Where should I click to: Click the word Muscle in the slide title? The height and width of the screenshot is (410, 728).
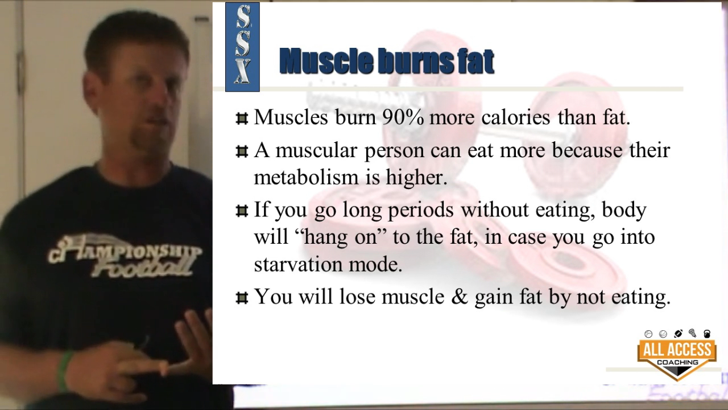coord(326,60)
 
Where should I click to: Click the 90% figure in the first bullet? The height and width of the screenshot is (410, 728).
coord(403,117)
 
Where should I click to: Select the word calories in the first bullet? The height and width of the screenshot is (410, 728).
coord(515,117)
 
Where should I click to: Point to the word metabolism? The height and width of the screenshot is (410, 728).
coord(306,177)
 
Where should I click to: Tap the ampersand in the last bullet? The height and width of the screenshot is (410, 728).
coord(459,297)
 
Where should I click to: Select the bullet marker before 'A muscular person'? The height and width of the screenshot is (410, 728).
coord(242,151)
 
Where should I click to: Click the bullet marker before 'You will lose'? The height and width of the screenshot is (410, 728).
coord(242,297)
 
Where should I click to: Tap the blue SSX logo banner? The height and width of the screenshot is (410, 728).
coord(242,47)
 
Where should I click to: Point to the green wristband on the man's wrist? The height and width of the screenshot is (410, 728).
coord(65,371)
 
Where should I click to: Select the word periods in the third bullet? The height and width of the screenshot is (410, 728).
coord(421,210)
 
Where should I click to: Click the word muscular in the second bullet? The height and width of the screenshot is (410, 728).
coord(316,151)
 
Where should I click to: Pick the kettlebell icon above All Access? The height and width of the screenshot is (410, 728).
coord(707,334)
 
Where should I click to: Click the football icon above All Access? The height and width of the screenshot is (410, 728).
coord(678,334)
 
